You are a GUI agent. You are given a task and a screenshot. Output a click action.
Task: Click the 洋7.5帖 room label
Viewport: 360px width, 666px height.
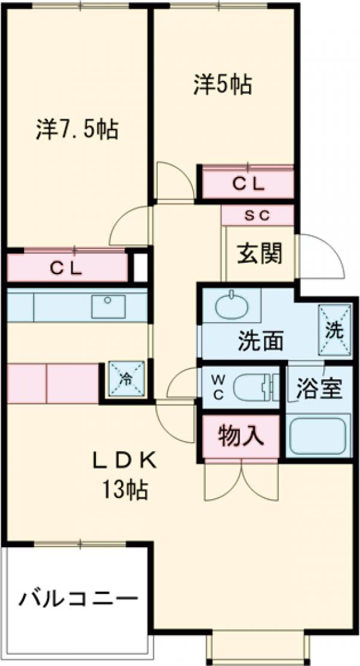pyautogui.click(x=76, y=129)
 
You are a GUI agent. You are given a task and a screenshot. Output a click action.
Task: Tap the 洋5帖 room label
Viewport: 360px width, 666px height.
pyautogui.click(x=221, y=85)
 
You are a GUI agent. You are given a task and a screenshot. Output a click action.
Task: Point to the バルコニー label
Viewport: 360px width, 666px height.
pyautogui.click(x=78, y=598)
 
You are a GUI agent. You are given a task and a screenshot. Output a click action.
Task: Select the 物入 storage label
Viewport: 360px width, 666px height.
pyautogui.click(x=241, y=436)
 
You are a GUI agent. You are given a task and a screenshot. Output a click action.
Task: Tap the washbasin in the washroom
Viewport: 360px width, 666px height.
pyautogui.click(x=232, y=308)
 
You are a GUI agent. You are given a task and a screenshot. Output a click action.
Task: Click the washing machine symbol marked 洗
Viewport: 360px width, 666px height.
pyautogui.click(x=334, y=328)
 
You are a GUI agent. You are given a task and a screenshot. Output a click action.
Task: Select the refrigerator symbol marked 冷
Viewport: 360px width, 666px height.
pyautogui.click(x=126, y=379)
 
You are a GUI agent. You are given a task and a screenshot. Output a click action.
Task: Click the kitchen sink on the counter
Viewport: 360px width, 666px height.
pyautogui.click(x=108, y=306)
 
